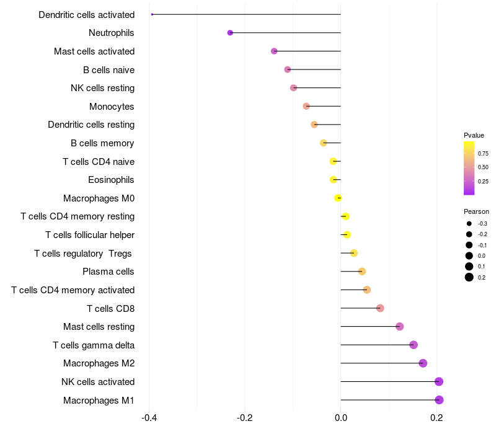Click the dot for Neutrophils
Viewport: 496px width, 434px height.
pyautogui.click(x=230, y=33)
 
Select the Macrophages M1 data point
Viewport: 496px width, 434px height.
pyautogui.click(x=439, y=400)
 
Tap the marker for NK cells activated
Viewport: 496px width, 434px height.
pyautogui.click(x=439, y=381)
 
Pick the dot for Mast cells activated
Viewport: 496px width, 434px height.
pyautogui.click(x=274, y=51)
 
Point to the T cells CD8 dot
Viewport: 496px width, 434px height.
pyautogui.click(x=380, y=308)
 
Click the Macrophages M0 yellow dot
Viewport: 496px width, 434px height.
pyautogui.click(x=338, y=198)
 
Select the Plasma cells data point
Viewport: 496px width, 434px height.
pyautogui.click(x=362, y=272)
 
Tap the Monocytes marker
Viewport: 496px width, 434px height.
pyautogui.click(x=306, y=106)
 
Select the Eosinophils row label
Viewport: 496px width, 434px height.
pyautogui.click(x=111, y=180)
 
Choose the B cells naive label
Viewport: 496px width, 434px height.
pyautogui.click(x=108, y=69)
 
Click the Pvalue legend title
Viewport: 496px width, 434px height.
pyautogui.click(x=474, y=135)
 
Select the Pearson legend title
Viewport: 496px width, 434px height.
pyautogui.click(x=476, y=211)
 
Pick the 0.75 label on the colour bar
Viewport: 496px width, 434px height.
pyautogui.click(x=483, y=153)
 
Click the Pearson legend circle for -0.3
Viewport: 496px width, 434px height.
pyautogui.click(x=469, y=223)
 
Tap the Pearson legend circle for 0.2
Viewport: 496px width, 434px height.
pyautogui.click(x=469, y=277)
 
